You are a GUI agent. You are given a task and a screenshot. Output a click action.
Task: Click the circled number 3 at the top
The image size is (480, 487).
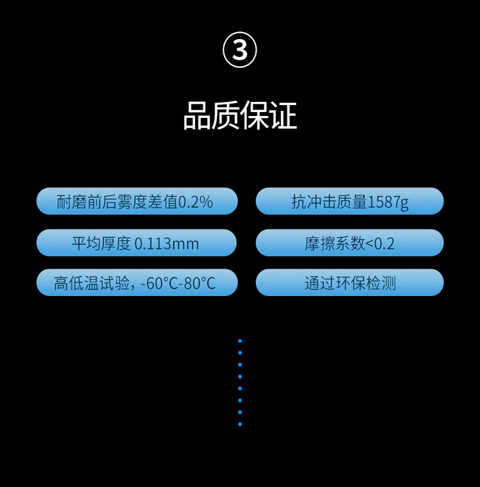click(x=240, y=51)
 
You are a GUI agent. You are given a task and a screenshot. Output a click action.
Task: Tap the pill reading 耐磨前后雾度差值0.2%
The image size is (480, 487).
click(x=137, y=202)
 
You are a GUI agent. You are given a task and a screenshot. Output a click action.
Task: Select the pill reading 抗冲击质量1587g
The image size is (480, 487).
click(x=349, y=202)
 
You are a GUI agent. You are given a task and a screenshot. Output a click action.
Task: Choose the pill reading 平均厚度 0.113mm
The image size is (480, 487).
click(x=137, y=243)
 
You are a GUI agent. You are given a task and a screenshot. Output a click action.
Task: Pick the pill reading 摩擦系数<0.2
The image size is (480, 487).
click(x=349, y=243)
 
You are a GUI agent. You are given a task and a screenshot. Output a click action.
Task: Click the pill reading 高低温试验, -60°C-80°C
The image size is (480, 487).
click(x=137, y=283)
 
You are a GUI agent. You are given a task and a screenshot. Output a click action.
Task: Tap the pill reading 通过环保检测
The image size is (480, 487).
click(x=349, y=283)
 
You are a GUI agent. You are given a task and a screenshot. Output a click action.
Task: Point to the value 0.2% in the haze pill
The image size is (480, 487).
click(x=195, y=202)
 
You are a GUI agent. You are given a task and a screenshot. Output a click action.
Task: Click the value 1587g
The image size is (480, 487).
click(x=388, y=202)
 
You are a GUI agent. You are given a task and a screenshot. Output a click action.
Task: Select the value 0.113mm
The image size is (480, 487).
click(x=167, y=244)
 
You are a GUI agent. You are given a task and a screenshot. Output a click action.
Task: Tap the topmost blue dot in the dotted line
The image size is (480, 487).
click(x=240, y=341)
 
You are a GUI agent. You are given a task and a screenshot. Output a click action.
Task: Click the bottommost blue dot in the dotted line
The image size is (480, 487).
click(x=240, y=424)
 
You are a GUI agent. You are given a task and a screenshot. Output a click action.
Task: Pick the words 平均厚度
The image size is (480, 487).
click(x=101, y=244)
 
